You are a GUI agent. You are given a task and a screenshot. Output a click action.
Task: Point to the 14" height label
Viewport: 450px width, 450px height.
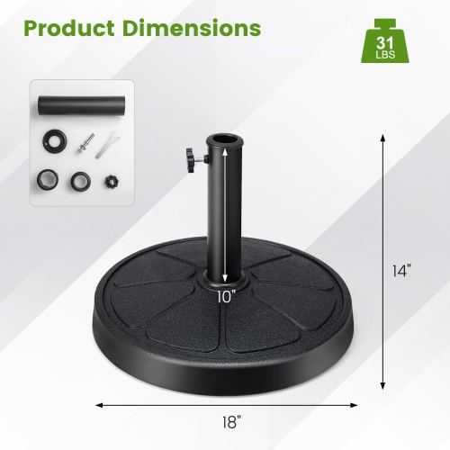tap(403, 269)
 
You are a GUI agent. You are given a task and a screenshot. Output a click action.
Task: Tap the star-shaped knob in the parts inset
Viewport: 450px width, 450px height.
tap(112, 182)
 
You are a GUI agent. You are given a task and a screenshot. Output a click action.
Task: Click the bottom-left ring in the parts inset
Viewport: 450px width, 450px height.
tap(47, 180)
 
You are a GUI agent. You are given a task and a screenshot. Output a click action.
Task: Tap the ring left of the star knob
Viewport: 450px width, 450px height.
tap(80, 181)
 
